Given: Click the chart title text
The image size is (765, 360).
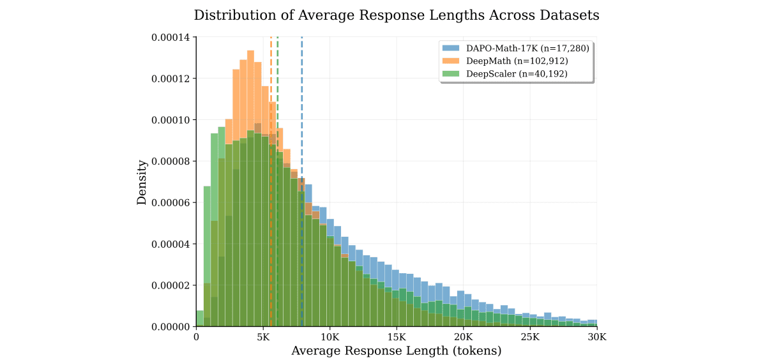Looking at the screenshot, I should [397, 15].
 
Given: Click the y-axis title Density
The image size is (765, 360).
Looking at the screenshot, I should [142, 182].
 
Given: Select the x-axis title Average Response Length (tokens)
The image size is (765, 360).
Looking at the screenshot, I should [396, 350].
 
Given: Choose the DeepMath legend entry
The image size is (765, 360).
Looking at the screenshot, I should [504, 61].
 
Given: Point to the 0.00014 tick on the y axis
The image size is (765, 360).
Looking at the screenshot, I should [170, 38].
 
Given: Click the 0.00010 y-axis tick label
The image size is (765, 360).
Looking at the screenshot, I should [170, 120].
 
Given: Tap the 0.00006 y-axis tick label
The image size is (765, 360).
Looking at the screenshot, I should [170, 203].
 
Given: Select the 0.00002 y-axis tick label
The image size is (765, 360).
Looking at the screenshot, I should [170, 285].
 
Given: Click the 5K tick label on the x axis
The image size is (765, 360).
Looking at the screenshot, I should [263, 336].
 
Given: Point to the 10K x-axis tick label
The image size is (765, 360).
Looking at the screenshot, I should [329, 336].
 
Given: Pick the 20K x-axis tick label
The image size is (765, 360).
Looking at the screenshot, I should [463, 336].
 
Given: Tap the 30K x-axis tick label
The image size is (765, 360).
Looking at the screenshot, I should [596, 336].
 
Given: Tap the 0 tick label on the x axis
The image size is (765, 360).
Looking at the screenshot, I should [196, 336].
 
